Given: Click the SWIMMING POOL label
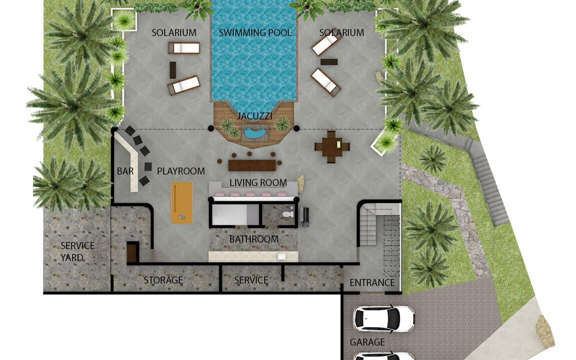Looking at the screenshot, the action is [255, 32].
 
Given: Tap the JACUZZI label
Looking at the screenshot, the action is [255, 116].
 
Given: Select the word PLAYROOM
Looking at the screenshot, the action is [181, 171].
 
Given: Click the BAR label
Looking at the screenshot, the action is [125, 171].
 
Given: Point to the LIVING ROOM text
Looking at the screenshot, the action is [258, 183].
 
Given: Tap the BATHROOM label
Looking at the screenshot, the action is [254, 239].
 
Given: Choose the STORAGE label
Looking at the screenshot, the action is [163, 280].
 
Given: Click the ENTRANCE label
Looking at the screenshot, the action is [372, 283].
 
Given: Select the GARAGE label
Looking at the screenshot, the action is [367, 342].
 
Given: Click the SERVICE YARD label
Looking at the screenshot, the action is [77, 251].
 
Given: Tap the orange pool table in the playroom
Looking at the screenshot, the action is [182, 203].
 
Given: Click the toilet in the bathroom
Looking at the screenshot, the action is [288, 213].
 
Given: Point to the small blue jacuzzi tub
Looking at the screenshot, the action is [256, 133].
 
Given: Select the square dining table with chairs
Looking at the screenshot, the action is [332, 147].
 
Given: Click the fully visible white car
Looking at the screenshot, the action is [383, 318].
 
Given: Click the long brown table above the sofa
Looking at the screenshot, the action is [252, 165].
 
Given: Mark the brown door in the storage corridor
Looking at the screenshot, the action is [132, 253].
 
